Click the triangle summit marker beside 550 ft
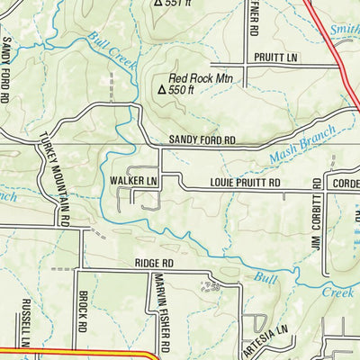pos(162,90)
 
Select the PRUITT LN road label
pos(276,57)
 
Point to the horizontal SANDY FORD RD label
pos(202,141)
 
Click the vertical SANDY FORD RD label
pos(8,67)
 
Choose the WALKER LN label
pos(133,181)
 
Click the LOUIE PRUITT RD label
pos(246,183)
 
